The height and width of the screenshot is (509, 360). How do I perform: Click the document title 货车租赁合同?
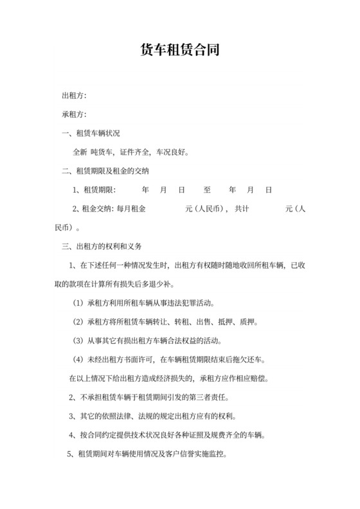180,50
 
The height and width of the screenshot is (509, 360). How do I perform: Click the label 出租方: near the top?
74,96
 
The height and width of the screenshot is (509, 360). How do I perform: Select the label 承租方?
74,115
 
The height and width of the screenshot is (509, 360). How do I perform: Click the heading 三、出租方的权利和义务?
101,246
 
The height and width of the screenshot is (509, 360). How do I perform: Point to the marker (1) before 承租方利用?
78,303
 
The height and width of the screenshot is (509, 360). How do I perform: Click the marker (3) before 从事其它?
78,340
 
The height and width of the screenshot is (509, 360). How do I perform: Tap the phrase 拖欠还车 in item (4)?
256,359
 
